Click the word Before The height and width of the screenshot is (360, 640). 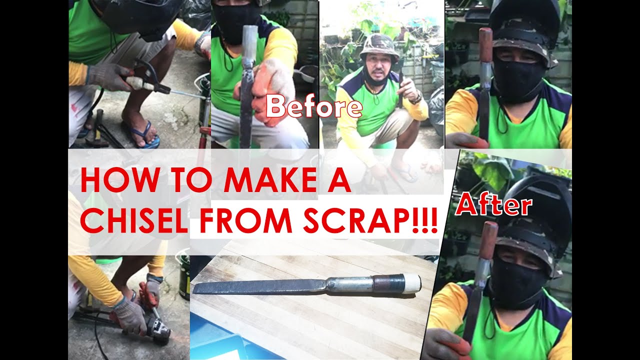click(313, 106)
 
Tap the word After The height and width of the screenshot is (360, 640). click(494, 205)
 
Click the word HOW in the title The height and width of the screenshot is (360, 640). click(110, 181)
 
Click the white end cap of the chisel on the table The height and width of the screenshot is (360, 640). click(411, 283)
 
